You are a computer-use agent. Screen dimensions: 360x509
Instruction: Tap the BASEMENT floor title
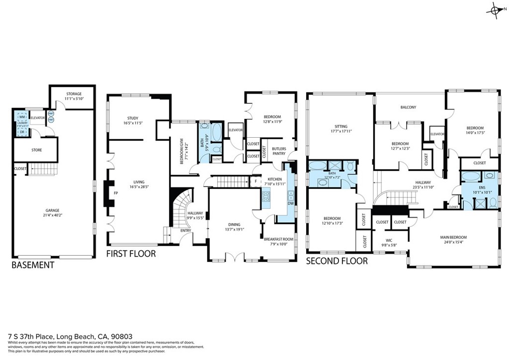(33, 266)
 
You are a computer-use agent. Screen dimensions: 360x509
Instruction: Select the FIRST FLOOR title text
(131, 254)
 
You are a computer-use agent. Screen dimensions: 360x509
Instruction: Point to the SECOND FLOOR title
(337, 261)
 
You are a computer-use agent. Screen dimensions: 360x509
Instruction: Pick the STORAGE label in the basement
(74, 94)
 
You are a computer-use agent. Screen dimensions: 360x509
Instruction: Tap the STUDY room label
(132, 118)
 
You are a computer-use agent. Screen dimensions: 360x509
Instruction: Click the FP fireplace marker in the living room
(116, 193)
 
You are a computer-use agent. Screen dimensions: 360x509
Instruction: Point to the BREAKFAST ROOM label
(278, 239)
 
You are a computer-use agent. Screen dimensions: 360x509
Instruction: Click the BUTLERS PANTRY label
(279, 151)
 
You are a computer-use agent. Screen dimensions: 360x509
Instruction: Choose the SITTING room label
(341, 127)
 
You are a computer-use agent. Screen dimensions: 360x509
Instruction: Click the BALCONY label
(408, 107)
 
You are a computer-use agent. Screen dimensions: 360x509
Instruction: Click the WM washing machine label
(22, 117)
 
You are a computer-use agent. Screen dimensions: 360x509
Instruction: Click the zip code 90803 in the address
(122, 336)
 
